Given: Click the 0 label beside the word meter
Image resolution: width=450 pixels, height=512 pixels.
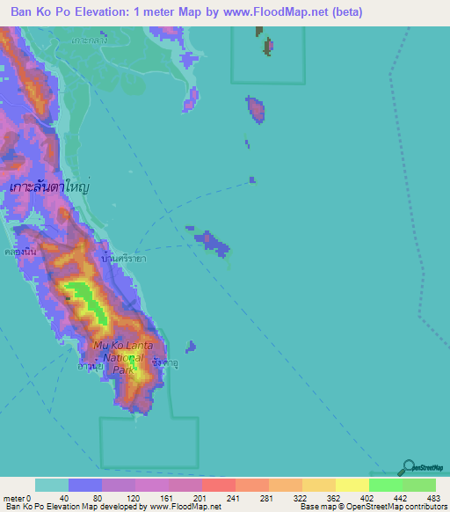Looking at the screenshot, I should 29,497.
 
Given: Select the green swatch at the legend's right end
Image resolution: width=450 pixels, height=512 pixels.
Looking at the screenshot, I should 418,485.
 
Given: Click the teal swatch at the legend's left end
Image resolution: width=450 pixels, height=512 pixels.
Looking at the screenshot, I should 52,485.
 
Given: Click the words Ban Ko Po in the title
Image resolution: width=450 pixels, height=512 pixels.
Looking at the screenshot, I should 38,12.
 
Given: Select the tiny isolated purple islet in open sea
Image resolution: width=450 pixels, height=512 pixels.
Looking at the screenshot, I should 252,179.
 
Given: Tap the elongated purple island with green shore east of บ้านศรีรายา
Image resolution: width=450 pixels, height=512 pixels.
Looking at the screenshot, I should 212,241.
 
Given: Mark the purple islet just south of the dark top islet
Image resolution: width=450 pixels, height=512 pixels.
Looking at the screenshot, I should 256,109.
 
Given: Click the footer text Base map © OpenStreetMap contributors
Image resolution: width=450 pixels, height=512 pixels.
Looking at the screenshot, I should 370,507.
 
